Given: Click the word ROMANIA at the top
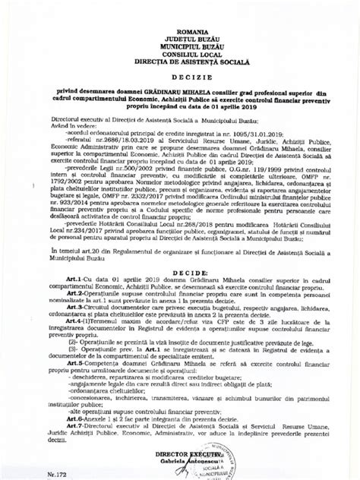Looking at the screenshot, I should pos(180,27).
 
